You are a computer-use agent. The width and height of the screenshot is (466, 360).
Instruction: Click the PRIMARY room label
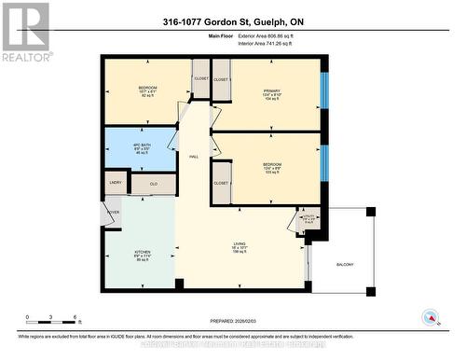(272, 90)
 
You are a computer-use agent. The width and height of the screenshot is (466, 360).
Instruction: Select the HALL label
(194, 157)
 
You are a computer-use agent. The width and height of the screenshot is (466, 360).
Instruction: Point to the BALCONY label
(346, 265)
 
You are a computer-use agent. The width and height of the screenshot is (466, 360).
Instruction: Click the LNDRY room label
(116, 183)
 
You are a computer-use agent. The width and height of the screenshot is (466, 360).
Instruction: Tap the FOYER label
(112, 212)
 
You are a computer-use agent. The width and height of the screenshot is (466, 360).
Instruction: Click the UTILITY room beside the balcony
(308, 220)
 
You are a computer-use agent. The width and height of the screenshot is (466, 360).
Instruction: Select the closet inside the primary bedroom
(221, 80)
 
